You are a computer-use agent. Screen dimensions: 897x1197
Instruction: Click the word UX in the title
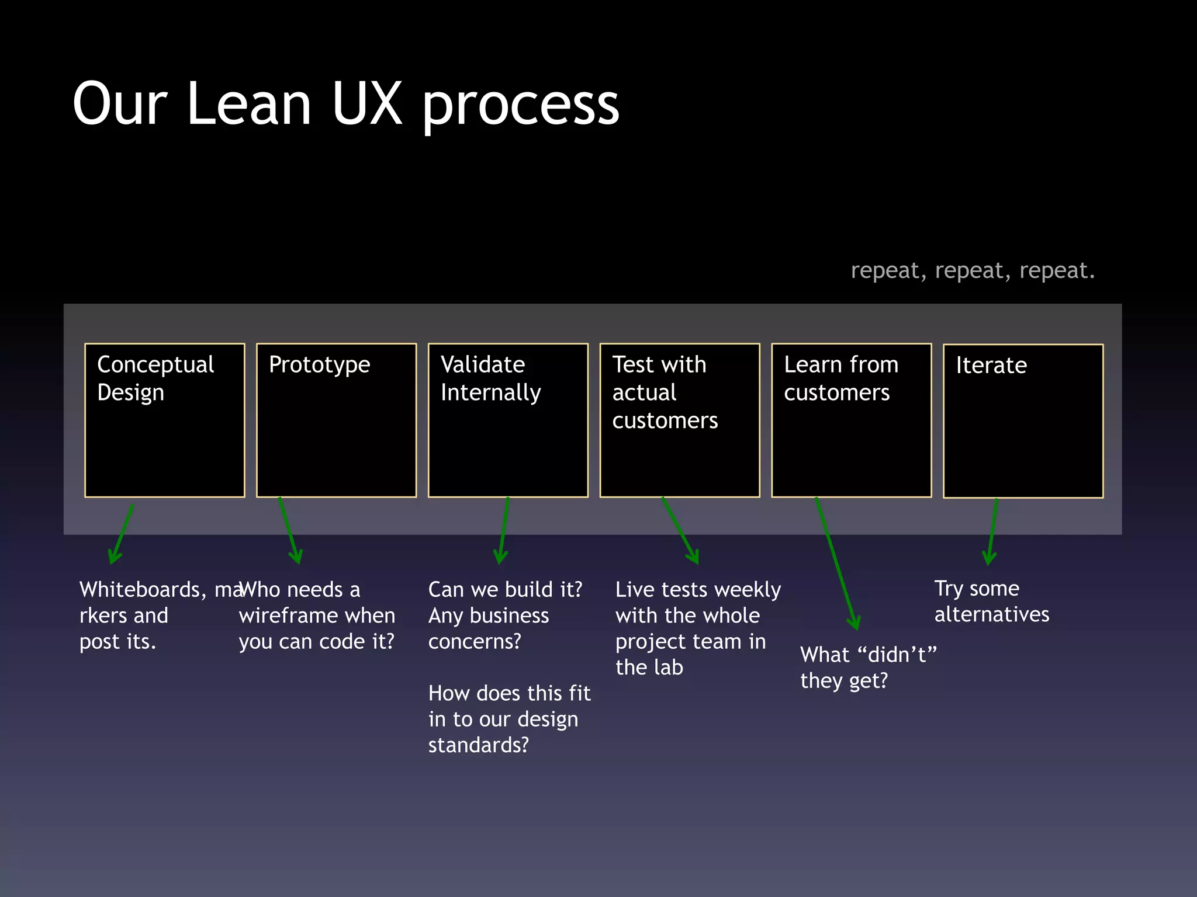[367, 104]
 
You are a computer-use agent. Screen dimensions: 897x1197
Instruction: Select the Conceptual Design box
[164, 420]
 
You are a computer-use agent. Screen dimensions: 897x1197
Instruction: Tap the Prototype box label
[319, 365]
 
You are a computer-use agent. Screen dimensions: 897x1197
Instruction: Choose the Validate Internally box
[508, 420]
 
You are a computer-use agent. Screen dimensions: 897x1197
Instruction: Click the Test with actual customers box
[680, 420]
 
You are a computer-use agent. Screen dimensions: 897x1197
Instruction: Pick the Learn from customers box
[852, 420]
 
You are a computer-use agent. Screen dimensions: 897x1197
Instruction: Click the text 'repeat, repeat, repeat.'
[973, 271]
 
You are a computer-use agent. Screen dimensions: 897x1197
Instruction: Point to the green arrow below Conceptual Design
[122, 534]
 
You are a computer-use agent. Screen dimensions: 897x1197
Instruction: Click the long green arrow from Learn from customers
[836, 563]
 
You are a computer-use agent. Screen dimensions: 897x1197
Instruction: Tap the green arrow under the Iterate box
[992, 531]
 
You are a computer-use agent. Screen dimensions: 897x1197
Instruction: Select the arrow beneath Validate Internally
[504, 530]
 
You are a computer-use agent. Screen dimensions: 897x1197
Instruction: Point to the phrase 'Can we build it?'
[505, 590]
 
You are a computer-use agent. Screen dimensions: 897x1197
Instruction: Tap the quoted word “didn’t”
[897, 655]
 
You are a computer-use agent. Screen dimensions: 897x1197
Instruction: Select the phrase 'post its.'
[117, 642]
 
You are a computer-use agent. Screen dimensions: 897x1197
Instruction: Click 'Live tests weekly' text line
[698, 590]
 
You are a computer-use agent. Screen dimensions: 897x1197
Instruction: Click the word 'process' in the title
[520, 105]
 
